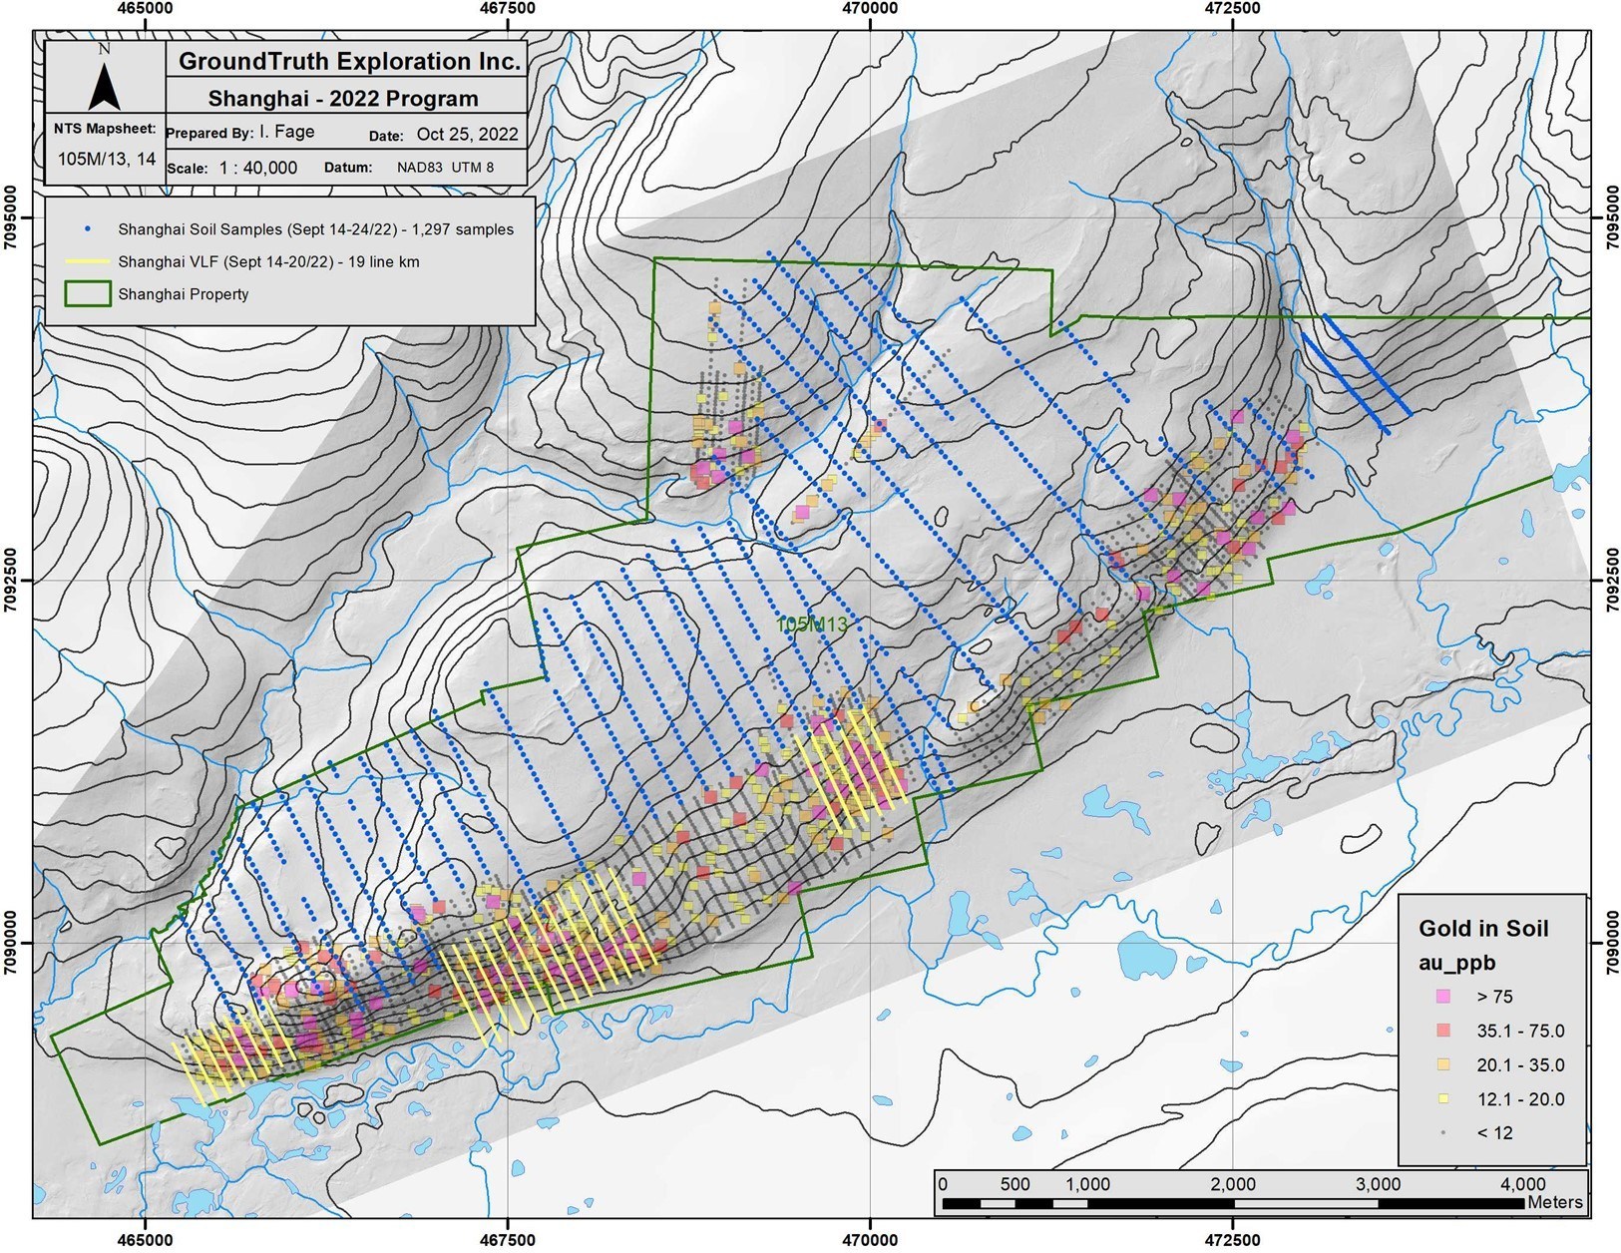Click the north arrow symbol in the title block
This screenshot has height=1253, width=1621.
(104, 85)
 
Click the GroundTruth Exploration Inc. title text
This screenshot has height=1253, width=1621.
(348, 62)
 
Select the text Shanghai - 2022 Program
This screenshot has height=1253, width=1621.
(343, 99)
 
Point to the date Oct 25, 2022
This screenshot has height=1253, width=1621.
(467, 134)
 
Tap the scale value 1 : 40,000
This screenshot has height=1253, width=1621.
(258, 168)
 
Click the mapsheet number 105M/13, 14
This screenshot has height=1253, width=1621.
(106, 159)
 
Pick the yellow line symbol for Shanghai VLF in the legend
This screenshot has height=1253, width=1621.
(87, 262)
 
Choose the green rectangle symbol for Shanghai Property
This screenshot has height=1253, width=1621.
(87, 294)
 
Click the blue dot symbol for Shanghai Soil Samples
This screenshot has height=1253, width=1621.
(87, 229)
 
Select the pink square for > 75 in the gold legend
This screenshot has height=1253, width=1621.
(1442, 997)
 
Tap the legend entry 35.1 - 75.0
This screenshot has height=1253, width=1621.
(1519, 1031)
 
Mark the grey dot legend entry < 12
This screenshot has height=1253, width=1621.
(1494, 1132)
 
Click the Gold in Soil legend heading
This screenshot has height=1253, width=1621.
(1483, 929)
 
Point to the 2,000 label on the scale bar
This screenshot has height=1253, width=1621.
(1233, 1184)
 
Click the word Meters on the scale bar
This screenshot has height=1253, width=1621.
(1554, 1202)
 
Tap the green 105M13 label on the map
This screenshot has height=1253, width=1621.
(812, 625)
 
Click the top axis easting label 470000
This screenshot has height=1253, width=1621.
(870, 8)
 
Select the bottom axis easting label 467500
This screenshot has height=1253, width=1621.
(508, 1240)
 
